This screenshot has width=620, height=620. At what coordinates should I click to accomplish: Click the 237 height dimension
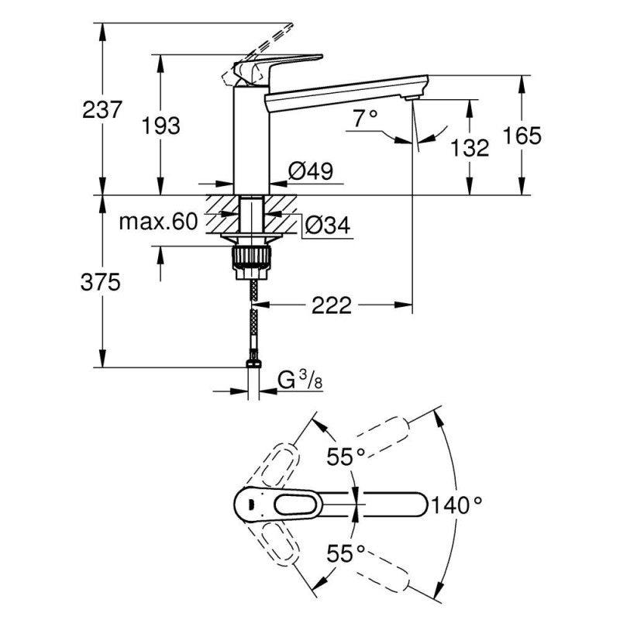pos(102,110)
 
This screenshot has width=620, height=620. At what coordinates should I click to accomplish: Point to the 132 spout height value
pos(470,147)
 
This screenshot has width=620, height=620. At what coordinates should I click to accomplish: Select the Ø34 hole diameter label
pos(326,225)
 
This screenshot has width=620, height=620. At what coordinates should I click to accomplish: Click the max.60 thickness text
pos(159,223)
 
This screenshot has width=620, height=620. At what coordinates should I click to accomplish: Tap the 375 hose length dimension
pos(102,283)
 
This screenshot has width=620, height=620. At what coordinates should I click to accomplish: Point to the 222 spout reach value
pos(332,305)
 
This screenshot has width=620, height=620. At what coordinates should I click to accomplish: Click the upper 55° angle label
pos(345,458)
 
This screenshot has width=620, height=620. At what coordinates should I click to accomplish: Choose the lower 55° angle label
pos(345,553)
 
